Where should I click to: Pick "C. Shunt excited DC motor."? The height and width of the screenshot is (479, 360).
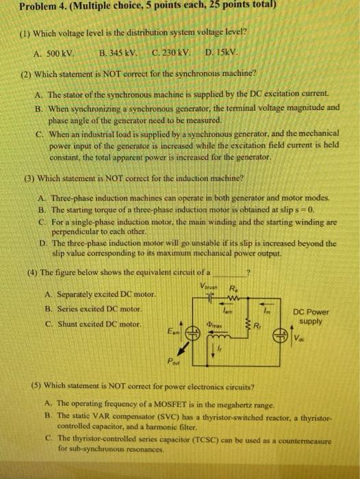(x=91, y=324)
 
